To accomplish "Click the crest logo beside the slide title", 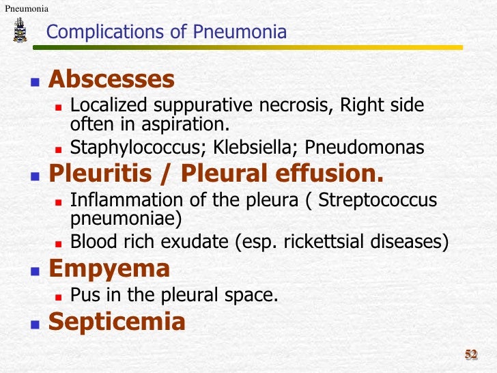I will [x=20, y=31].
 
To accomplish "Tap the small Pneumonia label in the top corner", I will [x=26, y=8].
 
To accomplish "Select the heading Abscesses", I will [x=111, y=80].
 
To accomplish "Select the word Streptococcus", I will [x=378, y=201].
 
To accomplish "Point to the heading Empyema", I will [x=109, y=268].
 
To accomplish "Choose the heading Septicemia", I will [x=117, y=322].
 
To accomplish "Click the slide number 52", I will [x=471, y=354].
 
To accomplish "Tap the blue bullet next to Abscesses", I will [x=35, y=81].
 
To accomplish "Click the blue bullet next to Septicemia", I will [x=35, y=323].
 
